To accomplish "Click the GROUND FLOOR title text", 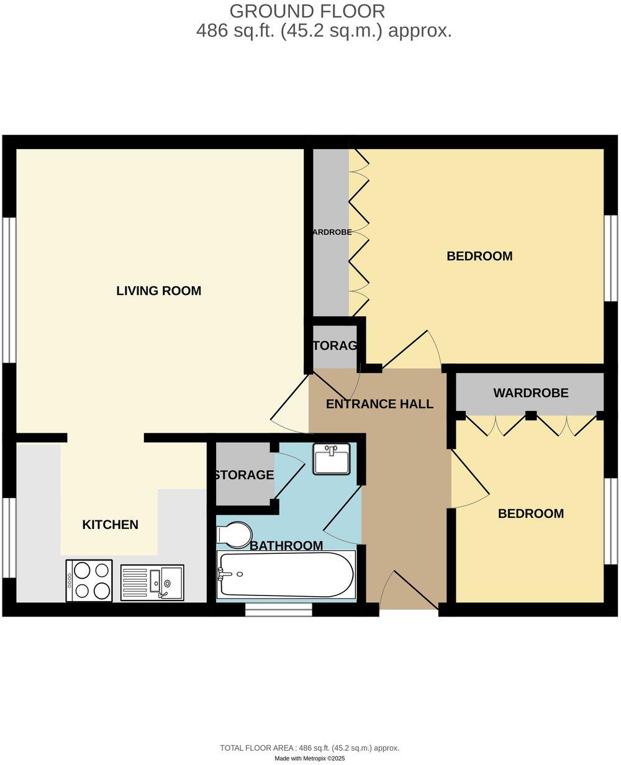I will (x=307, y=11).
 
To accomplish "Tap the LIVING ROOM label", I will (x=159, y=291).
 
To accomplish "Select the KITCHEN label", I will (x=111, y=525).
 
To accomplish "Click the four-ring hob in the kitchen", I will (x=89, y=581).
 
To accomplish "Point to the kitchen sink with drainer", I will (x=152, y=582).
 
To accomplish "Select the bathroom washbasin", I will (x=331, y=459).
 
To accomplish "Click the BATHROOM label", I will (x=286, y=546).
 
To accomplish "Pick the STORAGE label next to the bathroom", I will (x=244, y=475).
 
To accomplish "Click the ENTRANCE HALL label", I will (x=379, y=404).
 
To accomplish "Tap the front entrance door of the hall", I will (x=410, y=590).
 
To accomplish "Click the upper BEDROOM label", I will (x=479, y=256).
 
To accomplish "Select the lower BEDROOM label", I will (x=531, y=514).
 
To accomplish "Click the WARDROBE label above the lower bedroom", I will (x=531, y=393).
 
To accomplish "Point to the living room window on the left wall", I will (x=9, y=289).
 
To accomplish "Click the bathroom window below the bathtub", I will (x=278, y=612).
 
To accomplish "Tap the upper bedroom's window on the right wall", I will (x=611, y=258).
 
